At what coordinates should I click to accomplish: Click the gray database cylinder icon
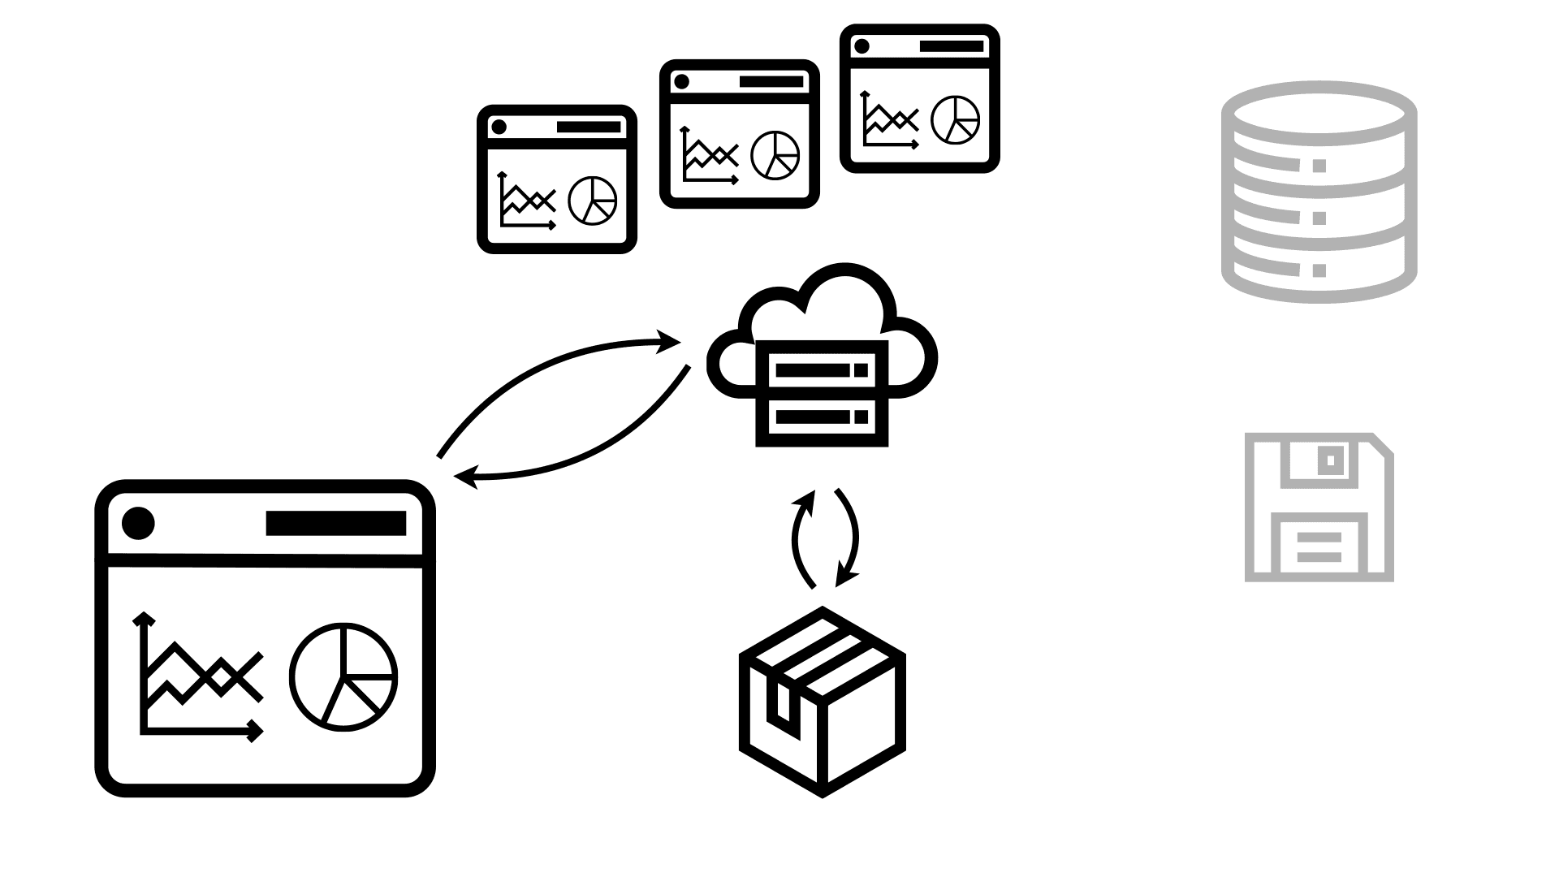[1319, 192]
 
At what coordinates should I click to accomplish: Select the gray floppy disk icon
[1319, 508]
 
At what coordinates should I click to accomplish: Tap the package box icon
[822, 702]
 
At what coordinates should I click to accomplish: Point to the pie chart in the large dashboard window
[343, 676]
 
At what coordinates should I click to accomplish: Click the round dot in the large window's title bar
[138, 523]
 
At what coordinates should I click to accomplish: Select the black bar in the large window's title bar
[335, 523]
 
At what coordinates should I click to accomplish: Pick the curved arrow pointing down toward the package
[849, 536]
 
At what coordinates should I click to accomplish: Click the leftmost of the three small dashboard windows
[556, 179]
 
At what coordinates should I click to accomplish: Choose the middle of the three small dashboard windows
[739, 134]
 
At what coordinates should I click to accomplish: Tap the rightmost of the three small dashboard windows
[919, 98]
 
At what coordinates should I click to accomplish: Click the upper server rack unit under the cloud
[822, 370]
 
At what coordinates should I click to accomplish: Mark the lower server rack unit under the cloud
[822, 417]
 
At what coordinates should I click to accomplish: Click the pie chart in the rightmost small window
[955, 119]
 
